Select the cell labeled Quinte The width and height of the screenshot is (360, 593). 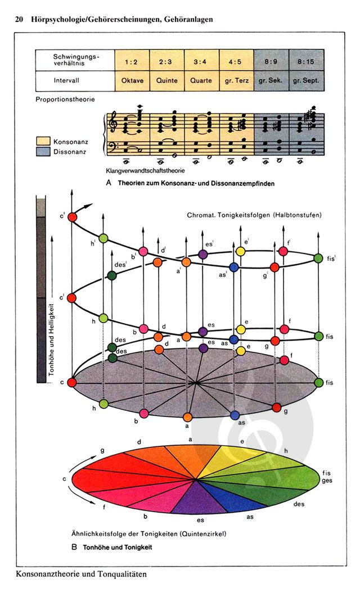click(x=167, y=80)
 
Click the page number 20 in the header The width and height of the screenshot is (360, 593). click(x=19, y=20)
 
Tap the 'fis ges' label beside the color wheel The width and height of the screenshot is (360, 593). click(x=327, y=477)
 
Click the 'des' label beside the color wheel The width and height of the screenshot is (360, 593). click(x=299, y=504)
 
